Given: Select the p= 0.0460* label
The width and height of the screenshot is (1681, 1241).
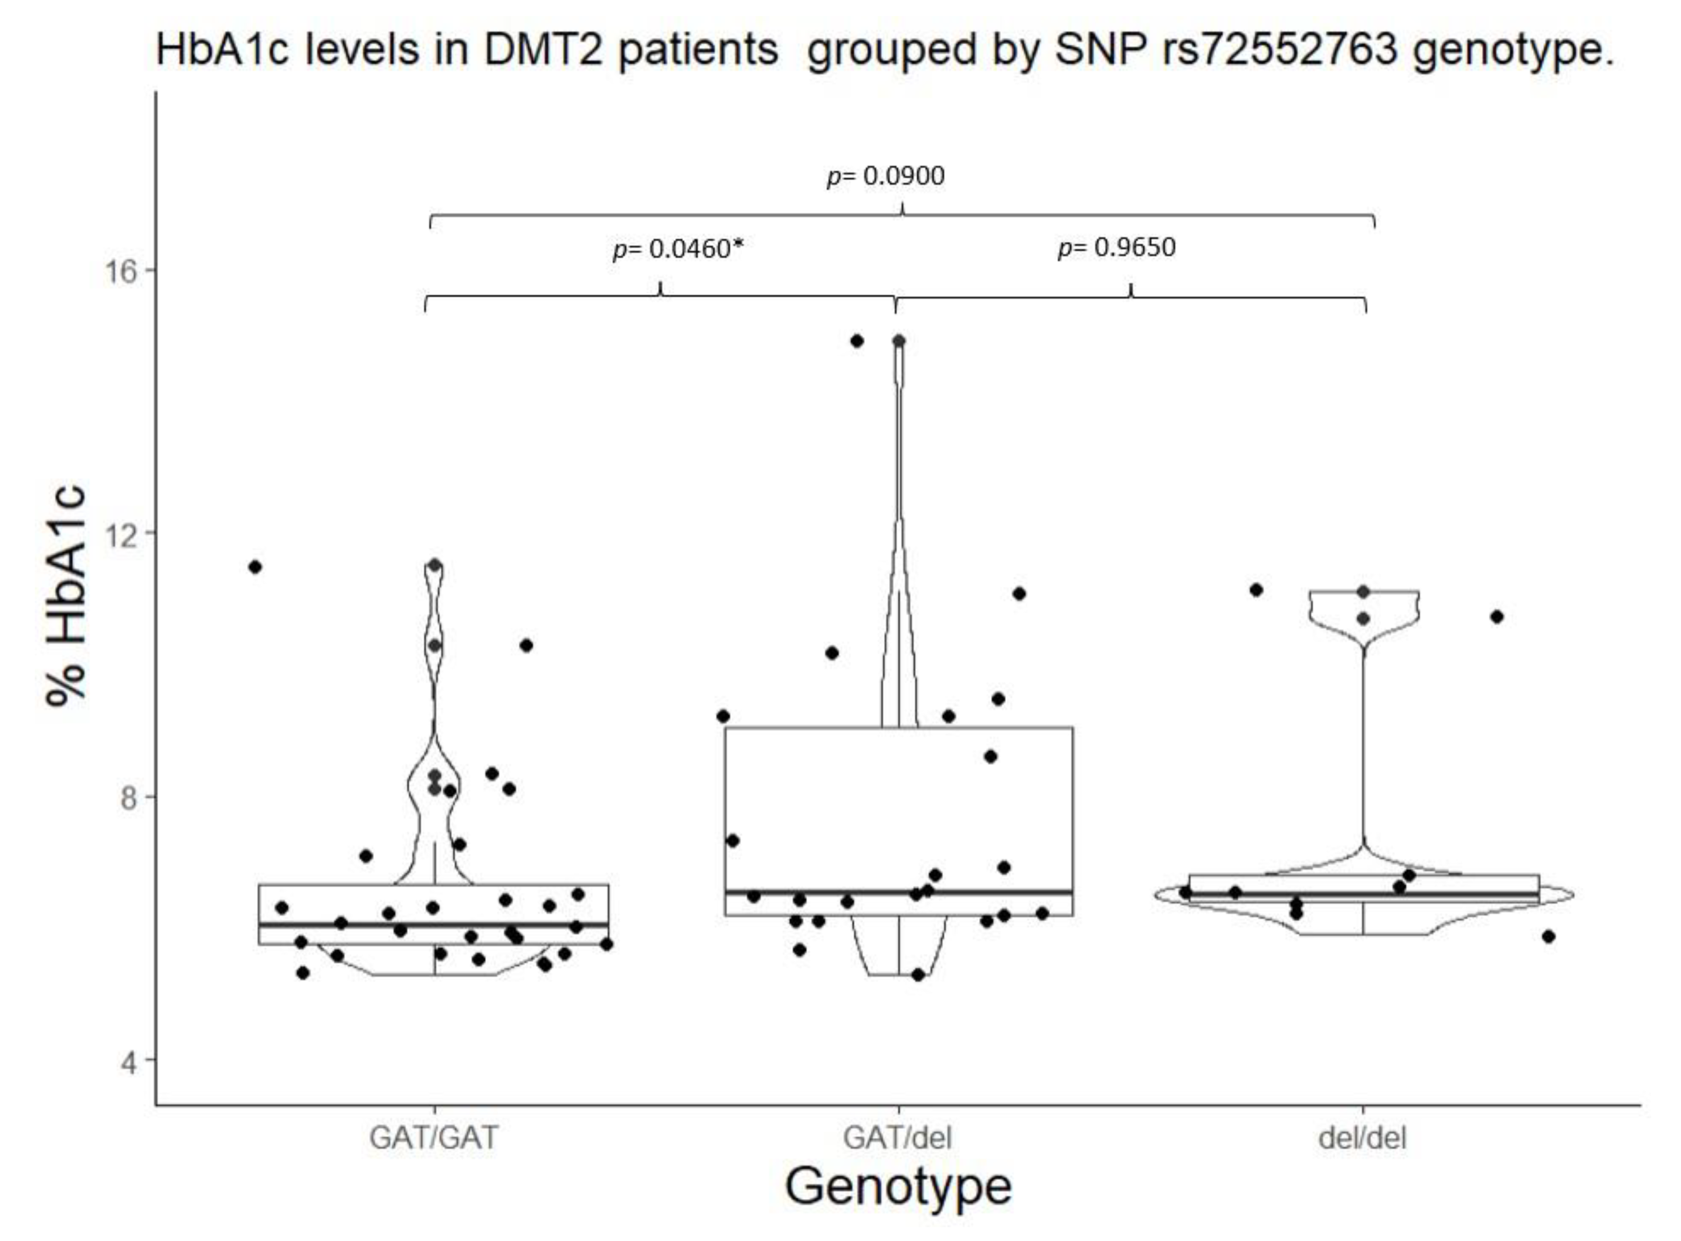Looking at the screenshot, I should click(x=677, y=248).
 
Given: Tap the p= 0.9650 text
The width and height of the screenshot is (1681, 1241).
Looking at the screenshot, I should click(x=1117, y=247).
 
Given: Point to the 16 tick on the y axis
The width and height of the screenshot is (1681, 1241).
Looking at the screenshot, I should click(x=119, y=271).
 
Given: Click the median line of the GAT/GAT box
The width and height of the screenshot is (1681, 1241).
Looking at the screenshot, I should click(x=433, y=925).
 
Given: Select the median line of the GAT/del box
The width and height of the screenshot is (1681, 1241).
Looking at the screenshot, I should click(x=898, y=892).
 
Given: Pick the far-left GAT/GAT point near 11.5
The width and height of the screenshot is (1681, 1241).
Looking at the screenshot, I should click(x=255, y=567).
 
